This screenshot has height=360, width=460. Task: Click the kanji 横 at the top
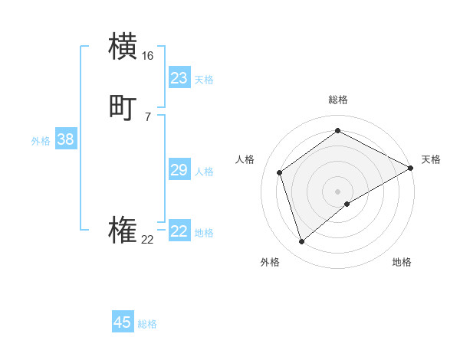tap(123, 46)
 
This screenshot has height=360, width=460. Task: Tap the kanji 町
tap(123, 107)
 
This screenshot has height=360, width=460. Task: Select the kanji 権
tap(123, 231)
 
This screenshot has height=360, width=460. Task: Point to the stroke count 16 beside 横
tap(147, 56)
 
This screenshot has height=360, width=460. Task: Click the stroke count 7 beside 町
tap(147, 116)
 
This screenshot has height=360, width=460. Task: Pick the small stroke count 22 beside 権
tap(147, 240)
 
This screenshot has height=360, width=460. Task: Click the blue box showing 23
tap(179, 78)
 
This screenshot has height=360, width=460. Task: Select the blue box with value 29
tap(179, 170)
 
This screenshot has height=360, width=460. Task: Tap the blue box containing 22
tap(179, 231)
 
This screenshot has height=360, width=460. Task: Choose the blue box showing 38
tap(65, 139)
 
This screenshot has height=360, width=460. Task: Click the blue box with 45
tap(122, 322)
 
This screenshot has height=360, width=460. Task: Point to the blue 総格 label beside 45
tap(147, 324)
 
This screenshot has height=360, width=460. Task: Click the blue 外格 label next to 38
tap(41, 141)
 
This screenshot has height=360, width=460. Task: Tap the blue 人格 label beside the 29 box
tap(205, 172)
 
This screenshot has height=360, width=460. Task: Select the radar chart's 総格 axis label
tap(337, 100)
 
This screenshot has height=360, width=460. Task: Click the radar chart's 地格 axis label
tap(402, 262)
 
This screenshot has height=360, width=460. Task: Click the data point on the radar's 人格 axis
tap(280, 172)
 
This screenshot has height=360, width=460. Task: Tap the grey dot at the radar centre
tap(337, 191)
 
